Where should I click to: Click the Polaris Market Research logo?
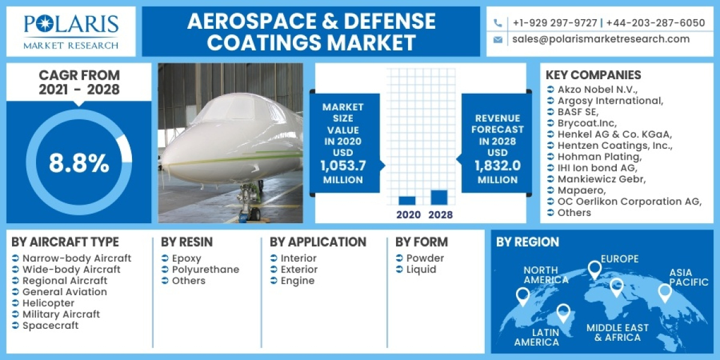point(71,31)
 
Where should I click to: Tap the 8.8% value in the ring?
point(79,163)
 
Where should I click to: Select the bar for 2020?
point(407,200)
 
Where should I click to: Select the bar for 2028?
point(439,197)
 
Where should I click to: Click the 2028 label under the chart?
point(441,215)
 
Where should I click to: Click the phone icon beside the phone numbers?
point(497,23)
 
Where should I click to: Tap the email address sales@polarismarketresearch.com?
point(601,39)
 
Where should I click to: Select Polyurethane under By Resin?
point(205,269)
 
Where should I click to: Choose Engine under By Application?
point(298,281)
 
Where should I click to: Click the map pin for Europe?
point(594,269)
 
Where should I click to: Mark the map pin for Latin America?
point(563,312)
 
